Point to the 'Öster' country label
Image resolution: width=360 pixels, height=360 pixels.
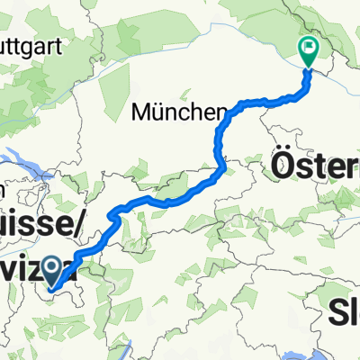[314, 167]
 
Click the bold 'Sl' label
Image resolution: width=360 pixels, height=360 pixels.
[343, 312]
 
